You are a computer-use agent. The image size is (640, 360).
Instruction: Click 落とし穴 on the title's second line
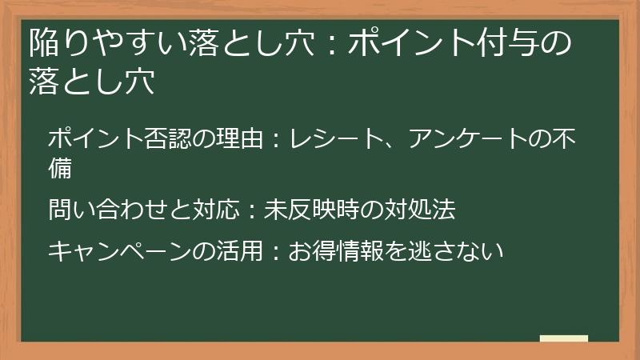[90, 82]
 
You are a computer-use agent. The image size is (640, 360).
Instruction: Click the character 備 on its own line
[61, 168]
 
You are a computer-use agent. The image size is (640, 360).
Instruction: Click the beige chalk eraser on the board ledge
[563, 339]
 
